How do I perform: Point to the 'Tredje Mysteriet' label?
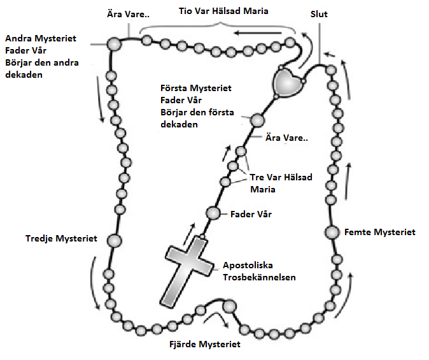(x=61, y=239)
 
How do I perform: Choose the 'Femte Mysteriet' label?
(x=379, y=232)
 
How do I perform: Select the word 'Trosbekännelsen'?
(x=259, y=277)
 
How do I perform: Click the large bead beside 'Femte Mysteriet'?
(x=332, y=233)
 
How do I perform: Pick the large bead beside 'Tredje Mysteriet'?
(x=114, y=240)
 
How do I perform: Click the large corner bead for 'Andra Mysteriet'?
(x=114, y=44)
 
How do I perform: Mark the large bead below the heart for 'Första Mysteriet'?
(x=257, y=120)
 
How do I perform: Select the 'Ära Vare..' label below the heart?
(x=287, y=139)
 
